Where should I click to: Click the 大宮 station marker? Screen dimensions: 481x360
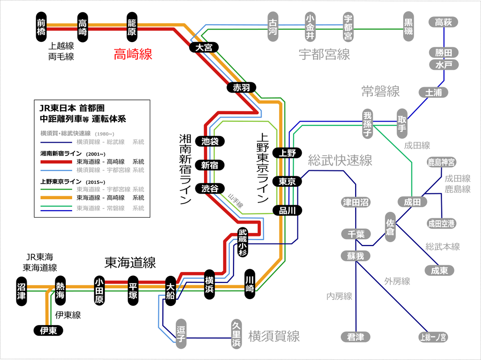click(204, 47)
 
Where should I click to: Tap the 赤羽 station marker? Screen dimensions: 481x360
click(241, 87)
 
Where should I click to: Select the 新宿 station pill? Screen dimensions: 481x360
click(210, 165)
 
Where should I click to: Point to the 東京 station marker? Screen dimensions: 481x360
click(287, 181)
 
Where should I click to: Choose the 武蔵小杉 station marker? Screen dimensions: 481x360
click(243, 242)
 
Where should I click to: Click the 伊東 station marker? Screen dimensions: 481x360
click(48, 330)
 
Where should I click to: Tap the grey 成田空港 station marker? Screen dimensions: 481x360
click(441, 223)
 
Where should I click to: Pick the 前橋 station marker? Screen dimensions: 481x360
click(41, 27)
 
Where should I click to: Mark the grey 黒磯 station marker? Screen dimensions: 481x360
click(408, 26)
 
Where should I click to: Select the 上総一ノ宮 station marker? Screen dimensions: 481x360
click(433, 337)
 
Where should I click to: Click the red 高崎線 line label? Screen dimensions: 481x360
click(133, 54)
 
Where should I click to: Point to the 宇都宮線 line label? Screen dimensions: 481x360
click(324, 55)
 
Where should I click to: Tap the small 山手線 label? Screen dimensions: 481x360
click(236, 200)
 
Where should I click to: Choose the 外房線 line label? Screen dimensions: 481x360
click(397, 281)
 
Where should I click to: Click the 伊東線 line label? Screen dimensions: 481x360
click(68, 315)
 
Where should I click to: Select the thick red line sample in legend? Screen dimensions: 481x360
click(57, 162)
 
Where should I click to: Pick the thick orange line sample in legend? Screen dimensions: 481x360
click(57, 198)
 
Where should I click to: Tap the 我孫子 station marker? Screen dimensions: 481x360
click(368, 124)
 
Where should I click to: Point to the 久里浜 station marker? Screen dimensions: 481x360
click(236, 334)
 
